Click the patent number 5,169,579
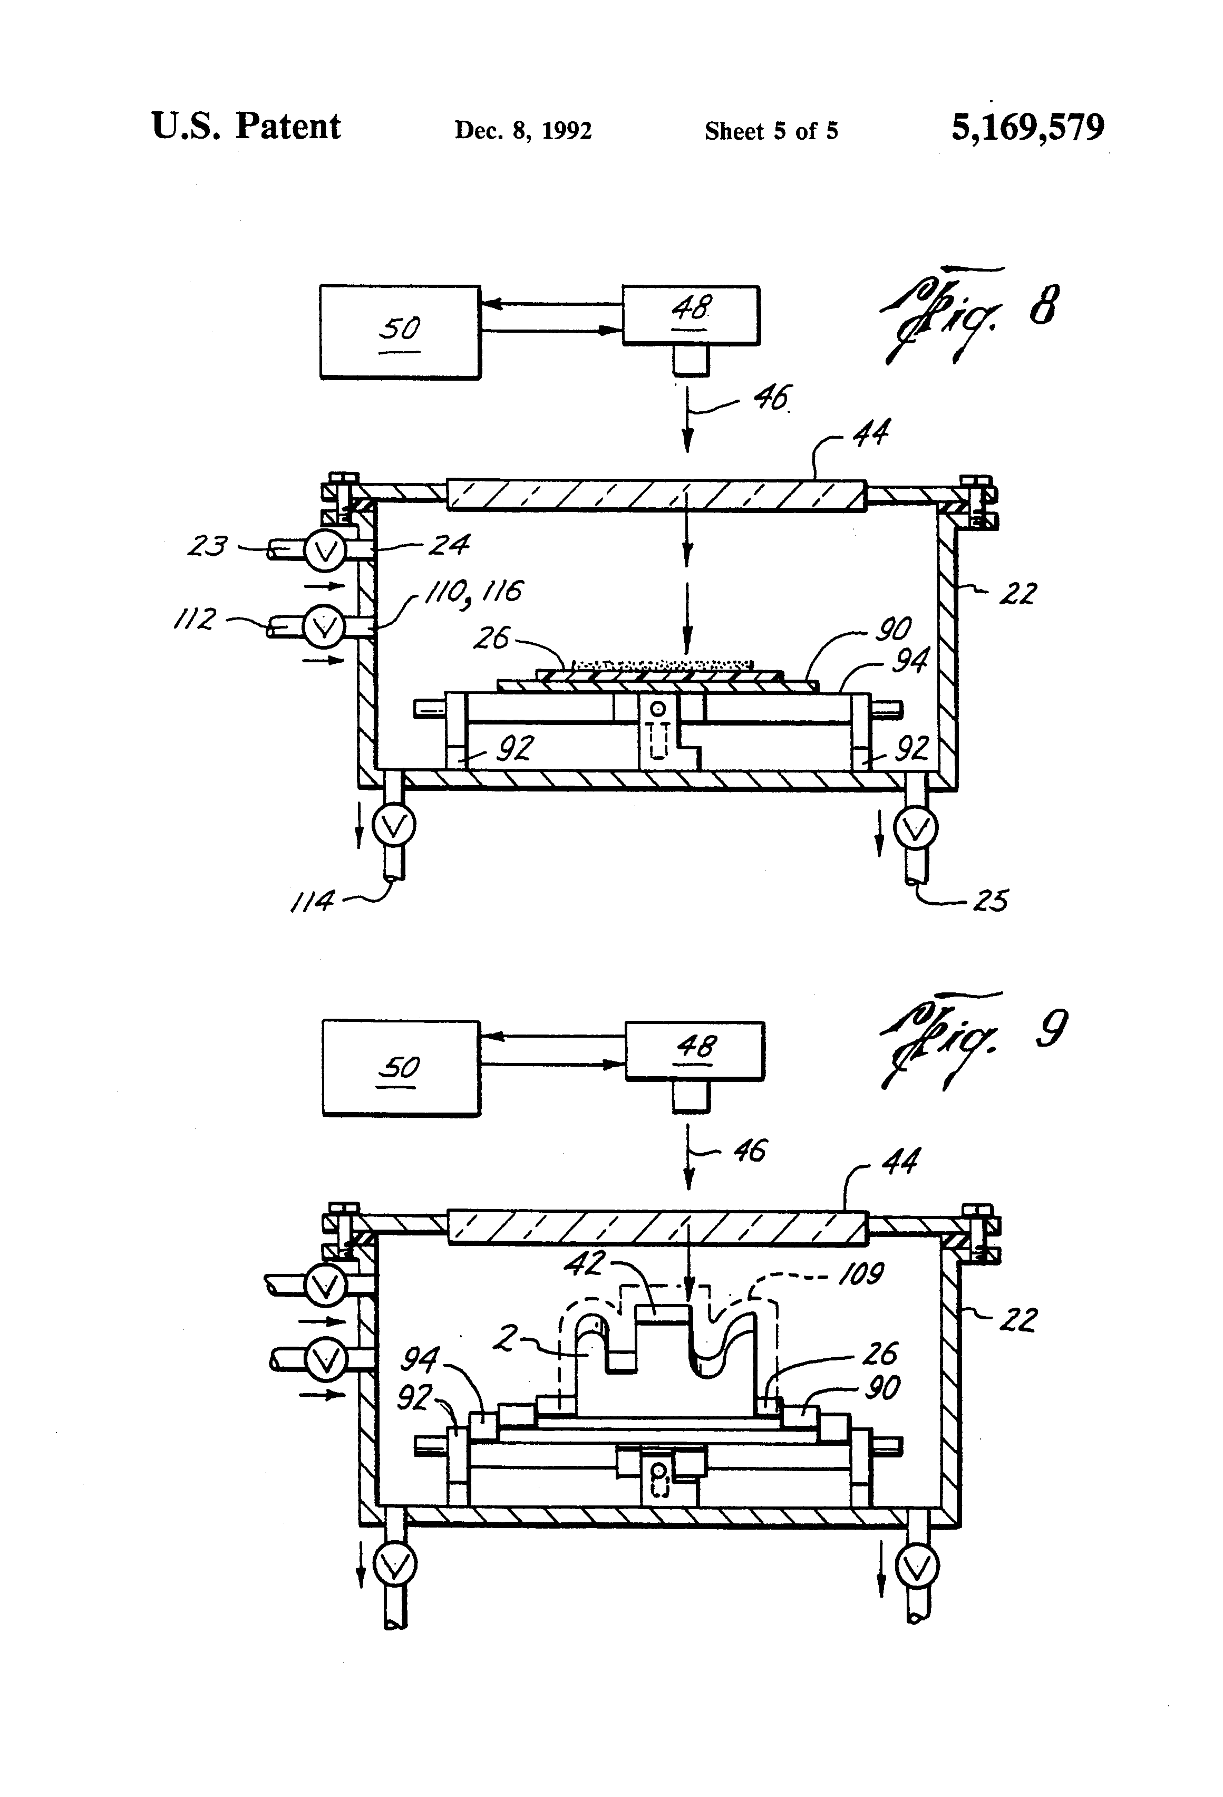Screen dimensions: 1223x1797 click(1027, 128)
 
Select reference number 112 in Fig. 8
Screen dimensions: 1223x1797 click(194, 620)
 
